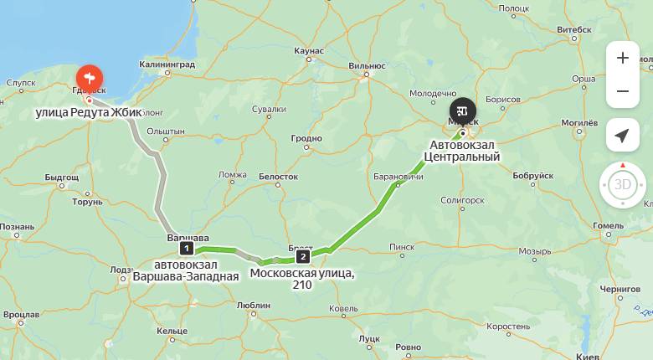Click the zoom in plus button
[x=622, y=59]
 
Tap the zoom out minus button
[x=622, y=91]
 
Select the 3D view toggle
[x=622, y=184]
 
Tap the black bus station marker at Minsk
[x=462, y=111]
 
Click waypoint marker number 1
[x=187, y=248]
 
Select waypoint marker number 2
[x=302, y=256]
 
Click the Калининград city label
[x=167, y=64]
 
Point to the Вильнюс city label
[x=367, y=64]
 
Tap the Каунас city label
[x=309, y=51]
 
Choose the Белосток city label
[x=278, y=177]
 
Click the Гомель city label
[x=608, y=226]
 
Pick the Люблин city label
[x=253, y=306]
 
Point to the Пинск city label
[x=402, y=247]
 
